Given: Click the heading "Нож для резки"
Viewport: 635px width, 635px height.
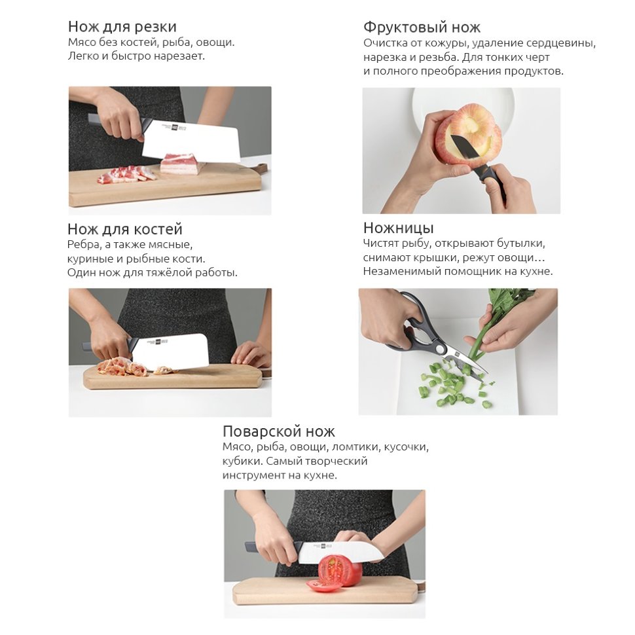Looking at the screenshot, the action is point(122,27).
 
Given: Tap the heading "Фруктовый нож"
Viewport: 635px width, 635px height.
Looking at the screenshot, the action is point(422,27).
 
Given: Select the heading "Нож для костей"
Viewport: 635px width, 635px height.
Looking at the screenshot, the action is point(125,229).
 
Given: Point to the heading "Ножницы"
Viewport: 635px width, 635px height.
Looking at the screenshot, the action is point(398,228).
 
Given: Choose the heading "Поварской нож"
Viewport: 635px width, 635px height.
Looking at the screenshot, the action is point(279,431).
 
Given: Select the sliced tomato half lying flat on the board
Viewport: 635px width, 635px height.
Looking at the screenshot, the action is point(322,585).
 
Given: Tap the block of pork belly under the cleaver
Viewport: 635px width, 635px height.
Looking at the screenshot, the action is point(181,164).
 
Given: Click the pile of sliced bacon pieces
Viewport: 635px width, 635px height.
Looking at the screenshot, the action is point(126,174).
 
